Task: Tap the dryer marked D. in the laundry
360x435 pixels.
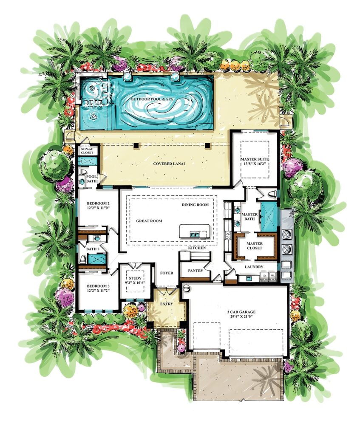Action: pos(265,276)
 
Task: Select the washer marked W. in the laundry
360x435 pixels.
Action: pos(273,276)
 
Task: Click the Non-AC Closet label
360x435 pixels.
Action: pos(87,151)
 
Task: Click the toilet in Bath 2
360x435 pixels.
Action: pos(82,259)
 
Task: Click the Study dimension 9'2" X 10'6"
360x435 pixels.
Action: pos(135,282)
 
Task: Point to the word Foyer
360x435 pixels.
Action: pos(167,273)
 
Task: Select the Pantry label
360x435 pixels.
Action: pos(196,271)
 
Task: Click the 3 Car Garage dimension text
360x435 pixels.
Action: pos(241,316)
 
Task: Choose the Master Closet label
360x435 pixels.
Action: pos(255,246)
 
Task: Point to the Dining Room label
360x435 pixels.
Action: pos(195,205)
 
